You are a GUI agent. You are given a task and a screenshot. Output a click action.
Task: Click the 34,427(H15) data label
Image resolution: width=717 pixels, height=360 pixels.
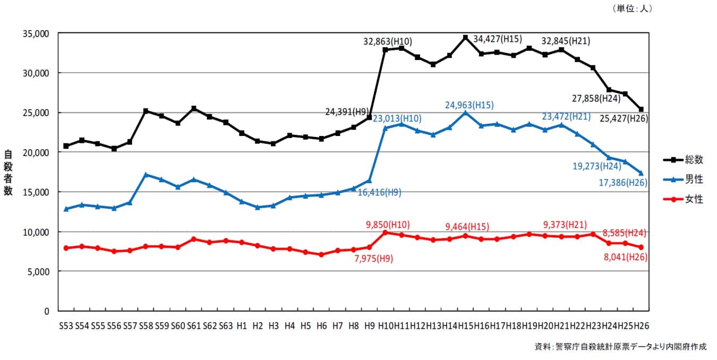point(497,39)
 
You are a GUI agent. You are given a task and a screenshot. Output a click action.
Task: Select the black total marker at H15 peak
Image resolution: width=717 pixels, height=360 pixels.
point(465,37)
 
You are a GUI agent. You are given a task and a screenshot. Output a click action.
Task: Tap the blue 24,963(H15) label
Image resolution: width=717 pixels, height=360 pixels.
point(469,105)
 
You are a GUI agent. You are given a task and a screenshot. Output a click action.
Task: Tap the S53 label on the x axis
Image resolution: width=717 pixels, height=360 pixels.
point(66,325)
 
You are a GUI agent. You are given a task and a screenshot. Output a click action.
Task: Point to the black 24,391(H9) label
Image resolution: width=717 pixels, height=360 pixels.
point(347,112)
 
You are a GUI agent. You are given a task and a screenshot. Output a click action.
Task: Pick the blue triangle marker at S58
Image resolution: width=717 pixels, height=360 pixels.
point(146,175)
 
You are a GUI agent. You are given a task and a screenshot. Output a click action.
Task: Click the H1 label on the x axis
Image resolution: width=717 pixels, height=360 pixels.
point(242,325)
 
